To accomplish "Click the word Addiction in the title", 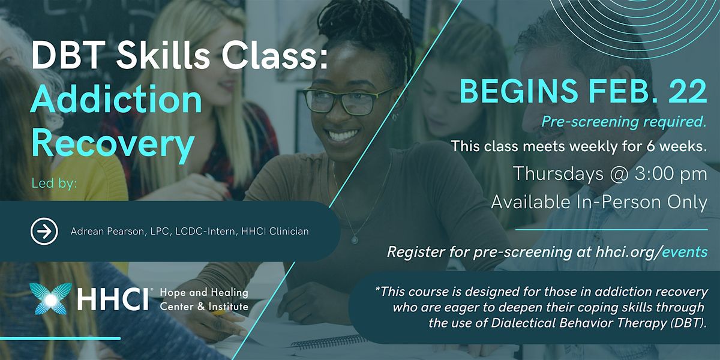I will [x=116, y=100].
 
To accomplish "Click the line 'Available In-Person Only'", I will [x=599, y=203].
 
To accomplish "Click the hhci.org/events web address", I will [x=642, y=252].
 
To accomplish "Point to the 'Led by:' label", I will [x=55, y=183].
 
